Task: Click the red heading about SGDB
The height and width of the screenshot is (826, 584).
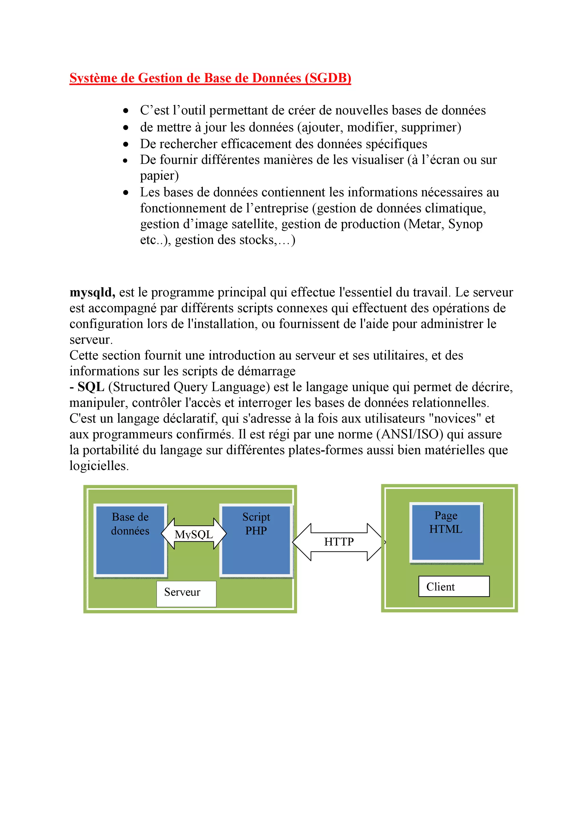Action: pyautogui.click(x=210, y=78)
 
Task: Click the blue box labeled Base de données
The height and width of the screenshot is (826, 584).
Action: pyautogui.click(x=130, y=540)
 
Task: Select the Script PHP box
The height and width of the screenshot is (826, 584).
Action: pyautogui.click(x=256, y=540)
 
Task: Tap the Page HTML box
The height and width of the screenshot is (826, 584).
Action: pyautogui.click(x=446, y=532)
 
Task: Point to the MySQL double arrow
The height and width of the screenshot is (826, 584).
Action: pyautogui.click(x=194, y=534)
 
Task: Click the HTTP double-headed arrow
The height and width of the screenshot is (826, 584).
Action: pyautogui.click(x=338, y=542)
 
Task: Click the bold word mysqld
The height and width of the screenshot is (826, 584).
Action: pyautogui.click(x=92, y=292)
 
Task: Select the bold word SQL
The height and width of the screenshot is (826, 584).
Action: pyautogui.click(x=91, y=387)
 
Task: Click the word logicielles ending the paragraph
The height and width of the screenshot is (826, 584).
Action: pyautogui.click(x=99, y=466)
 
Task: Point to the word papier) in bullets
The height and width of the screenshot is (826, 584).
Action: pyautogui.click(x=159, y=176)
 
